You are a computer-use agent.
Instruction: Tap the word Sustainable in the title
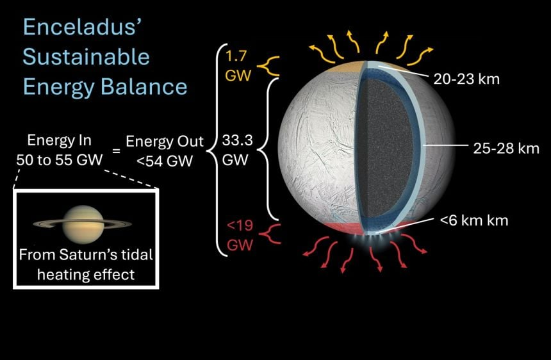[x=86, y=57]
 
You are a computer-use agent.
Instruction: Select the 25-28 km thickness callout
[x=509, y=149]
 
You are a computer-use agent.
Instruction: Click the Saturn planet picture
[x=83, y=222]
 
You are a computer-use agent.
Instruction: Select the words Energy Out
[x=164, y=141]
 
